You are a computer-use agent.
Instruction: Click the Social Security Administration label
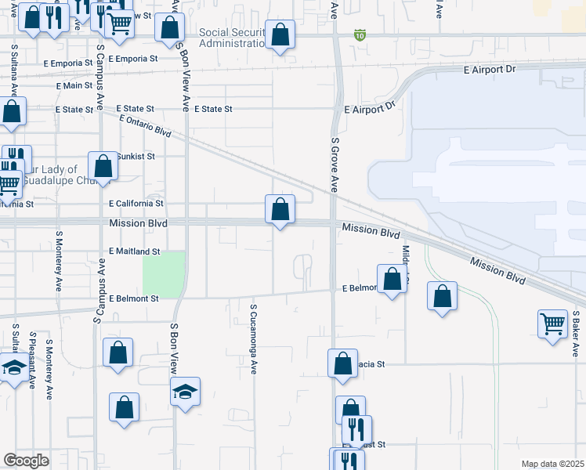(233, 38)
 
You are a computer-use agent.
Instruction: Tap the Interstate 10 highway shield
(360, 35)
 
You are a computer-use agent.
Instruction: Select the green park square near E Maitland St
(164, 273)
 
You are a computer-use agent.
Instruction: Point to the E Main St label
(74, 86)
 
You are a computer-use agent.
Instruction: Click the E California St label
(136, 203)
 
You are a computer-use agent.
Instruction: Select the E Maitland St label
(134, 251)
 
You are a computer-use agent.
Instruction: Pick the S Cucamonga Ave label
(253, 339)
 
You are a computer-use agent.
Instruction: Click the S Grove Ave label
(335, 164)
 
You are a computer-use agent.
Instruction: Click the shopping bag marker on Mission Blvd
(280, 210)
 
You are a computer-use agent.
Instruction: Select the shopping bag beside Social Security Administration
(280, 35)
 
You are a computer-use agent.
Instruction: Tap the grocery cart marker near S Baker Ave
(552, 324)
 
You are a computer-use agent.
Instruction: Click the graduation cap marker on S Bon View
(185, 391)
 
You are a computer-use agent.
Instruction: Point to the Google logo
(27, 460)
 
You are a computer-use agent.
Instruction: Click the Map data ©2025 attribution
(552, 464)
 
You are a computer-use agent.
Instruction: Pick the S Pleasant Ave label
(32, 361)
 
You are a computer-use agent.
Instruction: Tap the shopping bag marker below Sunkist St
(103, 166)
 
